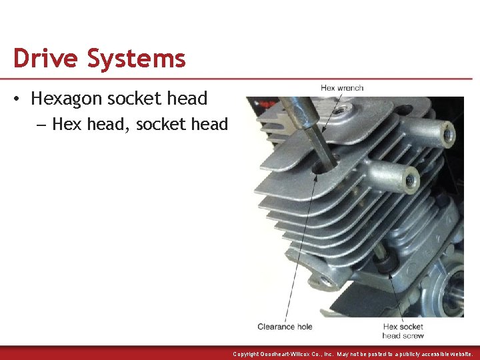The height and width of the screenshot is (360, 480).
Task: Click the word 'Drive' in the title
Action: click(x=44, y=59)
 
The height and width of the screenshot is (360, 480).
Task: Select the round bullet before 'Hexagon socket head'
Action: click(x=17, y=99)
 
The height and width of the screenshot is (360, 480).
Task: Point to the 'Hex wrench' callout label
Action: click(x=342, y=87)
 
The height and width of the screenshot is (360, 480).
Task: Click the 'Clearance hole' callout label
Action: click(x=285, y=327)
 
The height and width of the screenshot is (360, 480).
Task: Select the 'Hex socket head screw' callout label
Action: click(x=403, y=331)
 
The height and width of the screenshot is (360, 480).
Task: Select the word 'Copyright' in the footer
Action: click(x=247, y=354)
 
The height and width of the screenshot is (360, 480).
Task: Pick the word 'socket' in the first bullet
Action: click(x=136, y=99)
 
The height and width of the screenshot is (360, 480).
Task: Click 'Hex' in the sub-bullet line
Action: click(x=64, y=125)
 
